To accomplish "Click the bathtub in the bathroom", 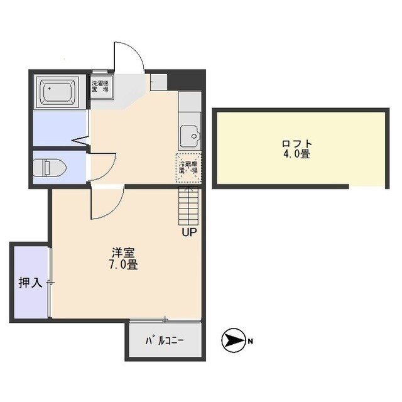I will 60,92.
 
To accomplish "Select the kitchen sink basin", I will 188,136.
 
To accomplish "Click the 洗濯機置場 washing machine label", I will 100,86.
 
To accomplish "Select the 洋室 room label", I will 124,253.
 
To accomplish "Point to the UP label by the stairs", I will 188,233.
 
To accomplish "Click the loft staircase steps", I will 188,205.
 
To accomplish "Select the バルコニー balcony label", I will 165,341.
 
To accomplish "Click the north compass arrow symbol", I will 232,341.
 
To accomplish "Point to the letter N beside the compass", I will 250,342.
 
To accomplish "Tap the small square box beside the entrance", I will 158,81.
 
